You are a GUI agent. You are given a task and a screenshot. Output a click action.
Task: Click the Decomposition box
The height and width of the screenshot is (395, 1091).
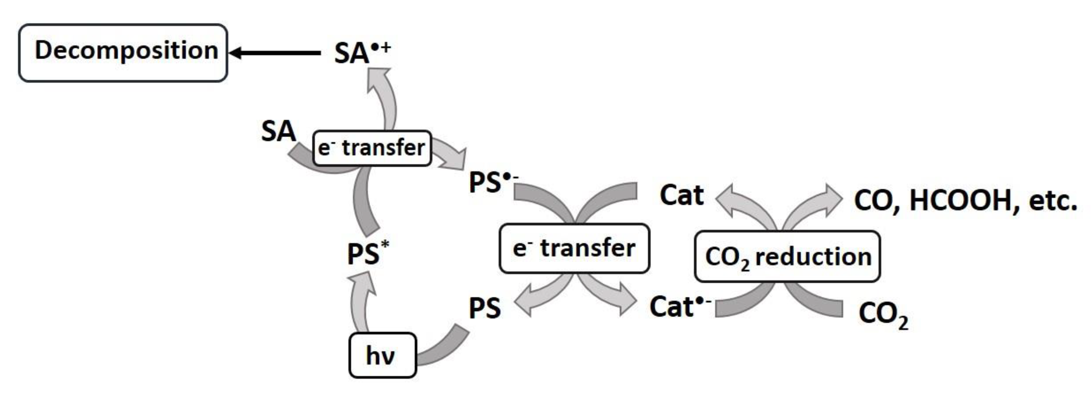tap(123, 53)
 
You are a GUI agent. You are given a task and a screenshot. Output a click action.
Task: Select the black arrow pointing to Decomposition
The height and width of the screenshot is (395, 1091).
tap(275, 53)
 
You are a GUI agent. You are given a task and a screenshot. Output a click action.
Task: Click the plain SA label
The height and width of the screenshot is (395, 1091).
tap(278, 132)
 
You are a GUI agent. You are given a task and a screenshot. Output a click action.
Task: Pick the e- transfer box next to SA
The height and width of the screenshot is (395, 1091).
tap(372, 148)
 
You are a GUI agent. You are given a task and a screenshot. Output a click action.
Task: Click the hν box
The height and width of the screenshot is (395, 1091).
tap(382, 355)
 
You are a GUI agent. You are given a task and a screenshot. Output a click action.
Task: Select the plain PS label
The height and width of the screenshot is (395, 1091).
tap(484, 308)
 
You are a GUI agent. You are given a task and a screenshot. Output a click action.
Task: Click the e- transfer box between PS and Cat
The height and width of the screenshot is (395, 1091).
tap(574, 248)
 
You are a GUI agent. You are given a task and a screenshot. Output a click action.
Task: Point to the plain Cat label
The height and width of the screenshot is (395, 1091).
tap(681, 195)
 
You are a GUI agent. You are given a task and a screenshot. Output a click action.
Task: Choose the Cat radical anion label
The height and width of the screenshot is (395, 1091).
tap(679, 307)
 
